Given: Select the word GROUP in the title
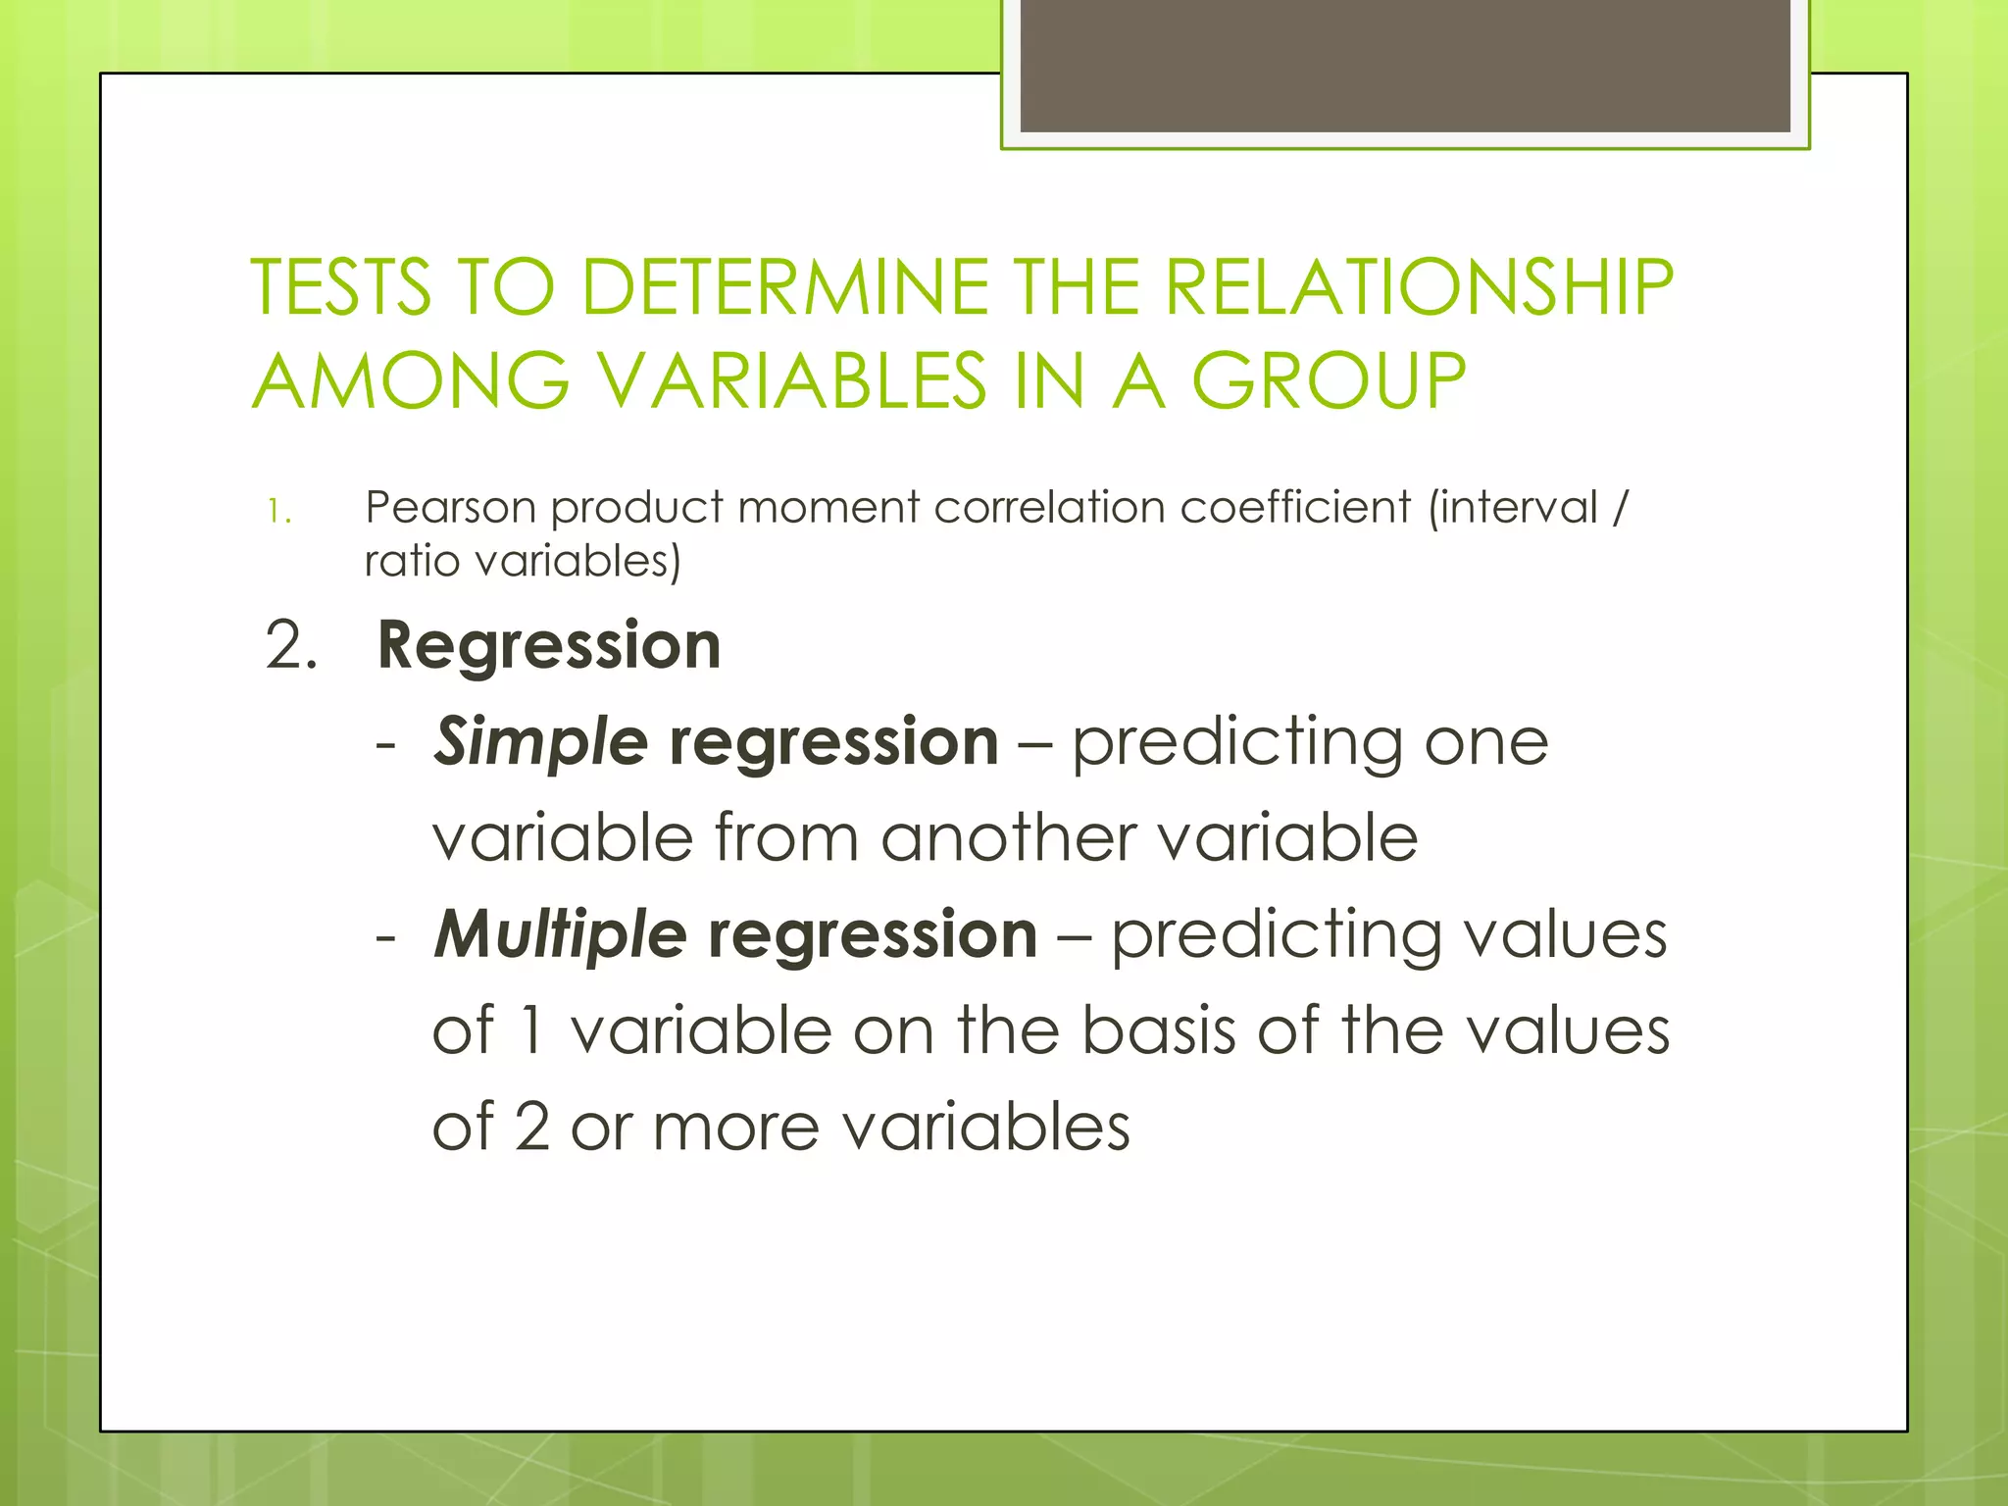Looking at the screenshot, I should point(1329,381).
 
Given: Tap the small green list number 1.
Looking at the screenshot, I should point(278,512).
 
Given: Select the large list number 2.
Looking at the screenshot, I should point(291,646).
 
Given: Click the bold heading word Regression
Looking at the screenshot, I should point(549,646).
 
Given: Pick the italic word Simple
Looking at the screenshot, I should point(540,741).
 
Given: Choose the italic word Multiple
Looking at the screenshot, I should point(560,934).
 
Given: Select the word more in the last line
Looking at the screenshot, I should point(735,1128).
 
